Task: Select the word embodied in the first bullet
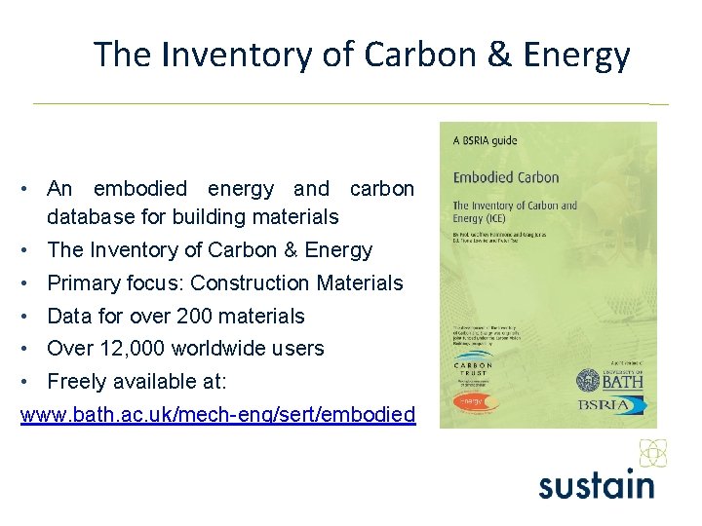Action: pyautogui.click(x=139, y=189)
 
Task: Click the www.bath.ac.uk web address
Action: pyautogui.click(x=217, y=415)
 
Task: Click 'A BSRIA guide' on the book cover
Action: pyautogui.click(x=486, y=140)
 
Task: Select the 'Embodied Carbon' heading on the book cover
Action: pyautogui.click(x=506, y=177)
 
